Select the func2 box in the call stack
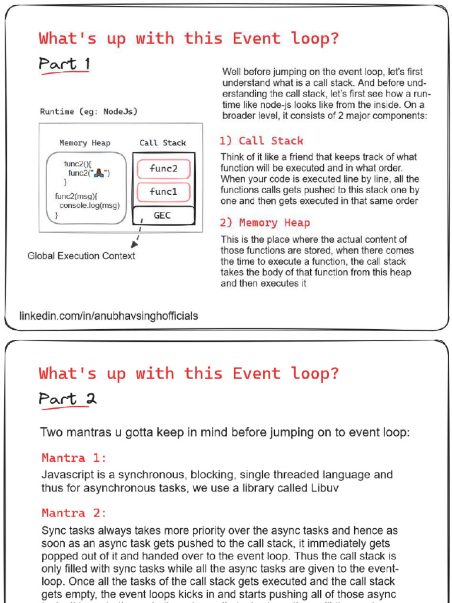click(164, 169)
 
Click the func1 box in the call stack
click(164, 192)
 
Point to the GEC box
click(163, 216)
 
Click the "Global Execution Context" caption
click(81, 256)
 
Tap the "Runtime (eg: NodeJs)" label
click(88, 111)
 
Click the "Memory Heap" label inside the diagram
click(85, 143)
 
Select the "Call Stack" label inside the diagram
click(162, 143)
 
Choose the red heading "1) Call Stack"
click(261, 141)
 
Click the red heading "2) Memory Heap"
click(265, 223)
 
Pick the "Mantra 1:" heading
click(74, 458)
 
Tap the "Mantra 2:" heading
click(74, 513)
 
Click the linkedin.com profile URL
click(109, 316)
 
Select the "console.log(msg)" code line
click(89, 206)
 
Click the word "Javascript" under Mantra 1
click(66, 475)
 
